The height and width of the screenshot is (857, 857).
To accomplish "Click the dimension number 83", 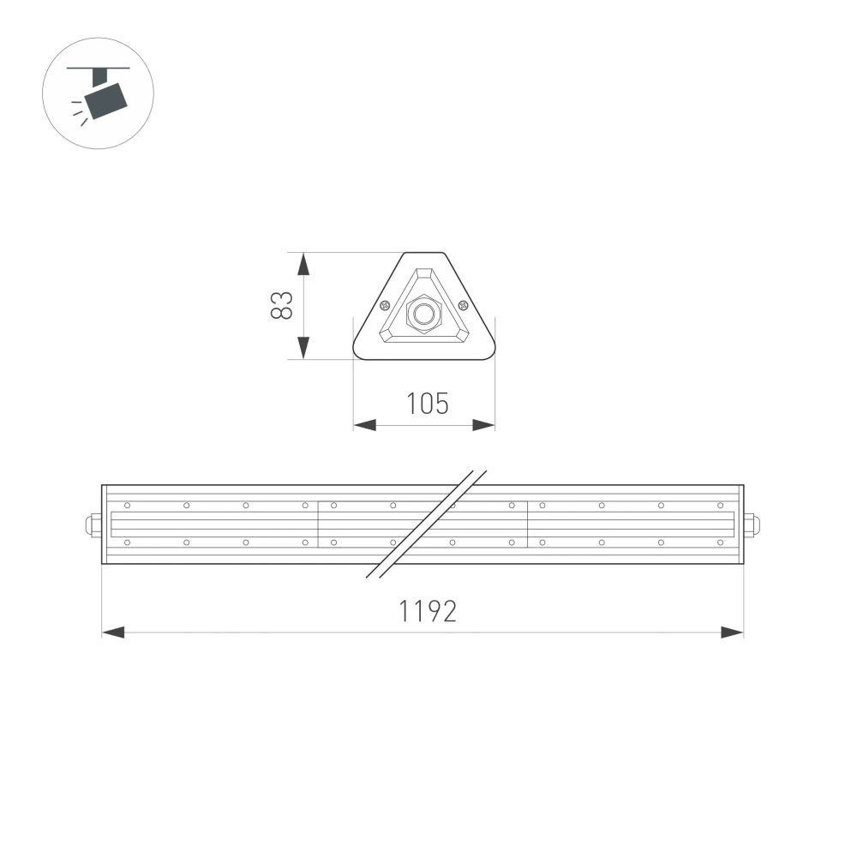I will [x=282, y=306].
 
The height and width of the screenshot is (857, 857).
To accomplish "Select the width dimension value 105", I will [x=427, y=403].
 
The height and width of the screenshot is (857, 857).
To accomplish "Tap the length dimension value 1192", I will [x=427, y=611].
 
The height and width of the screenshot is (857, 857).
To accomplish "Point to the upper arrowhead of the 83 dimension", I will [x=303, y=264].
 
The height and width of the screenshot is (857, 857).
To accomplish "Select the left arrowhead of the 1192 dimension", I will [x=114, y=632].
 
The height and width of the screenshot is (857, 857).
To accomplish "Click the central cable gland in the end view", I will [x=423, y=314].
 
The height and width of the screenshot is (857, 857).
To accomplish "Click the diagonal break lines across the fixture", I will [x=427, y=524].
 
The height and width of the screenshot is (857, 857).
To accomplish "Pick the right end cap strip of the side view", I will [x=740, y=524].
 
